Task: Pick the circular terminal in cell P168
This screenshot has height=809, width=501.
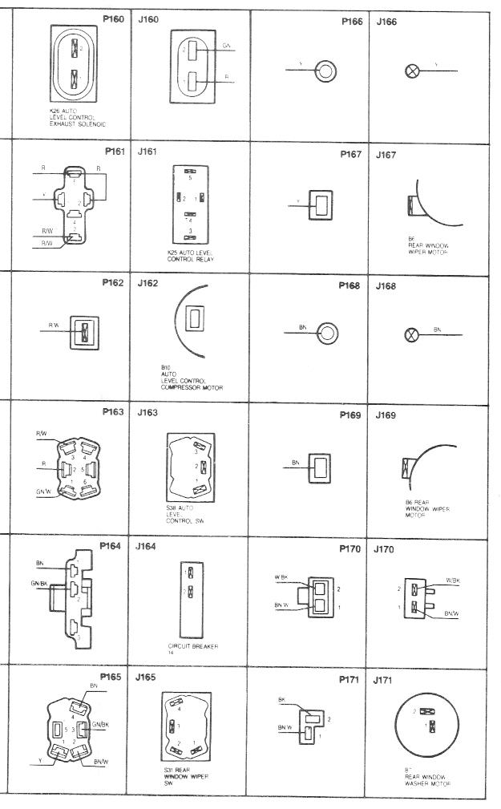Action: (x=325, y=332)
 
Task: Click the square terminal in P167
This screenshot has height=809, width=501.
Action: (x=322, y=204)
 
